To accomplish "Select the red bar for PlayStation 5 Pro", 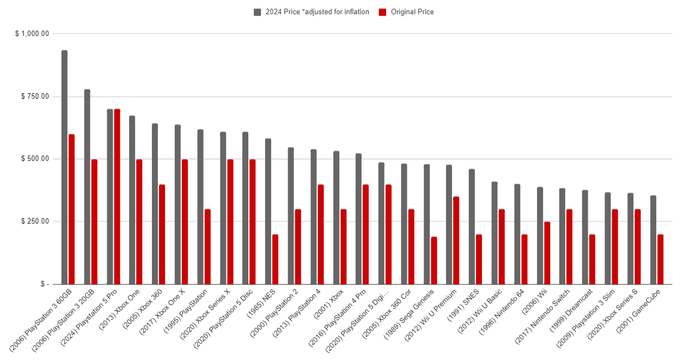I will point(117,197).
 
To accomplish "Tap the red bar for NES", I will point(275,259).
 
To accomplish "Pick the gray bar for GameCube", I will point(653,240).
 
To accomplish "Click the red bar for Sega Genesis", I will point(433,260).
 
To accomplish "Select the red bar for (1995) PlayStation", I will point(207,247).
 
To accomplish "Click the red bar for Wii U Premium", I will point(456,240).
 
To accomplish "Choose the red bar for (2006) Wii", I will point(547,253).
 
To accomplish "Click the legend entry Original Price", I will point(412,12).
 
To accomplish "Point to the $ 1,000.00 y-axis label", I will point(32,34).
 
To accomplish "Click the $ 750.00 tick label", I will point(35,96).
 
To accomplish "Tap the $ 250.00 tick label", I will point(35,221).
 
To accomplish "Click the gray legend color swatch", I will point(258,12).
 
